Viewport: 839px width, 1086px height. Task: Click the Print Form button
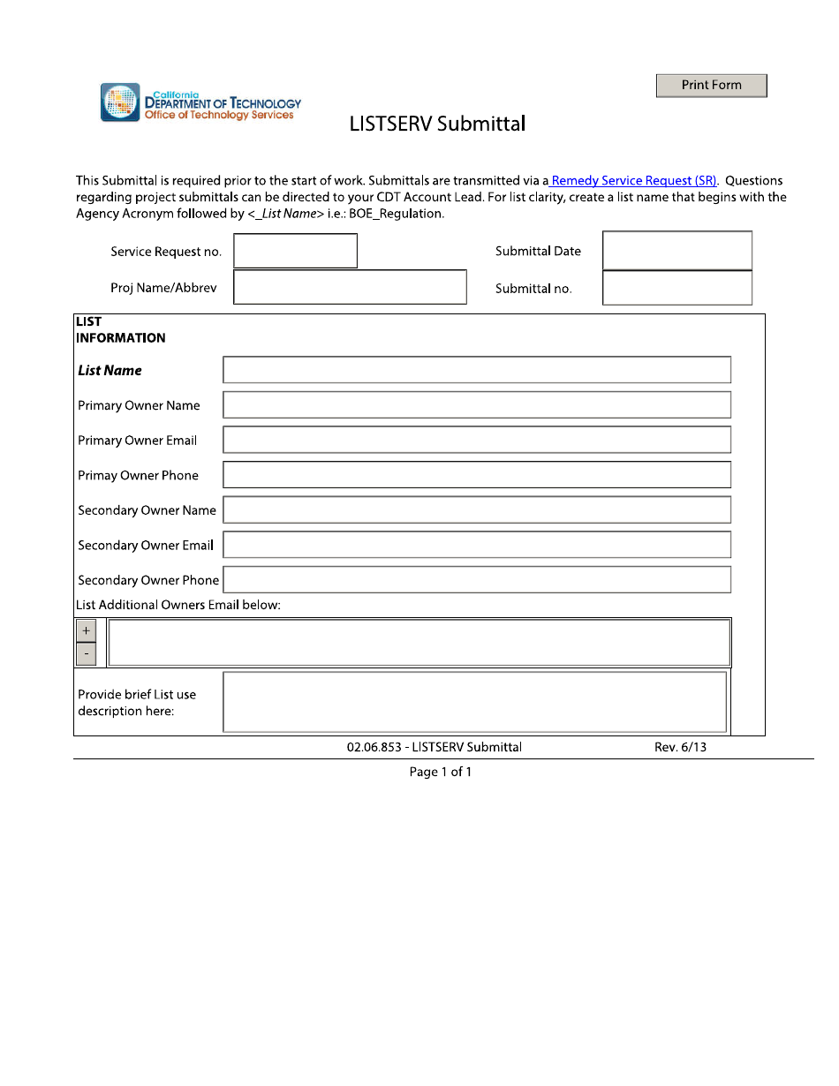(x=711, y=86)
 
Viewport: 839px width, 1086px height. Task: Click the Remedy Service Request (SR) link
(x=633, y=181)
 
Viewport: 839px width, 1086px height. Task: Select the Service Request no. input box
(x=295, y=251)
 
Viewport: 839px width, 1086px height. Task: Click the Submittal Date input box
(x=676, y=251)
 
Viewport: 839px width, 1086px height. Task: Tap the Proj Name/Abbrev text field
(x=350, y=287)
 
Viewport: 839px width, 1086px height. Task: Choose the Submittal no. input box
(x=676, y=288)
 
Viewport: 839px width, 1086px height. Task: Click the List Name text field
(x=477, y=370)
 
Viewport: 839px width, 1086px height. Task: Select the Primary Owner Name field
(x=477, y=405)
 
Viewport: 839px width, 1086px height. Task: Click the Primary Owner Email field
(x=477, y=440)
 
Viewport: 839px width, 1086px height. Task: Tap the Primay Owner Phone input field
(x=477, y=475)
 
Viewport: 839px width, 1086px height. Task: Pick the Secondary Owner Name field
(x=477, y=510)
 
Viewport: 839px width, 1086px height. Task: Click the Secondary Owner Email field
(x=477, y=545)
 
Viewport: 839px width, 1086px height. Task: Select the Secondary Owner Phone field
(x=477, y=580)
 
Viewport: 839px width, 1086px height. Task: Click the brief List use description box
(x=475, y=702)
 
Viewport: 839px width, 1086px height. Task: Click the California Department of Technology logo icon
(x=120, y=102)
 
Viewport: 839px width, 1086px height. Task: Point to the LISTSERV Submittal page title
(x=437, y=124)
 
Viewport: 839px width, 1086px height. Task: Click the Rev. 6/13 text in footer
(x=680, y=747)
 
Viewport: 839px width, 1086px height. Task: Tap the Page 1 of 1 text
(x=441, y=773)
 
